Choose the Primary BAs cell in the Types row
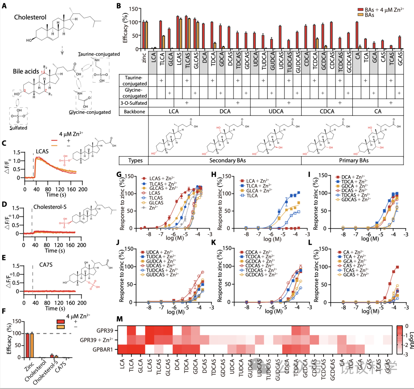point(352,161)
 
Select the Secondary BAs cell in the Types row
point(225,161)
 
